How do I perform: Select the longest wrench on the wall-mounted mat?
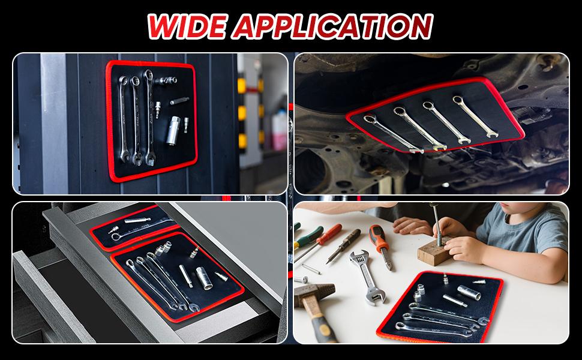[x=149, y=117]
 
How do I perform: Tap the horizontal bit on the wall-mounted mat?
[x=178, y=101]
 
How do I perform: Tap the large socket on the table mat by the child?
[x=472, y=294]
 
